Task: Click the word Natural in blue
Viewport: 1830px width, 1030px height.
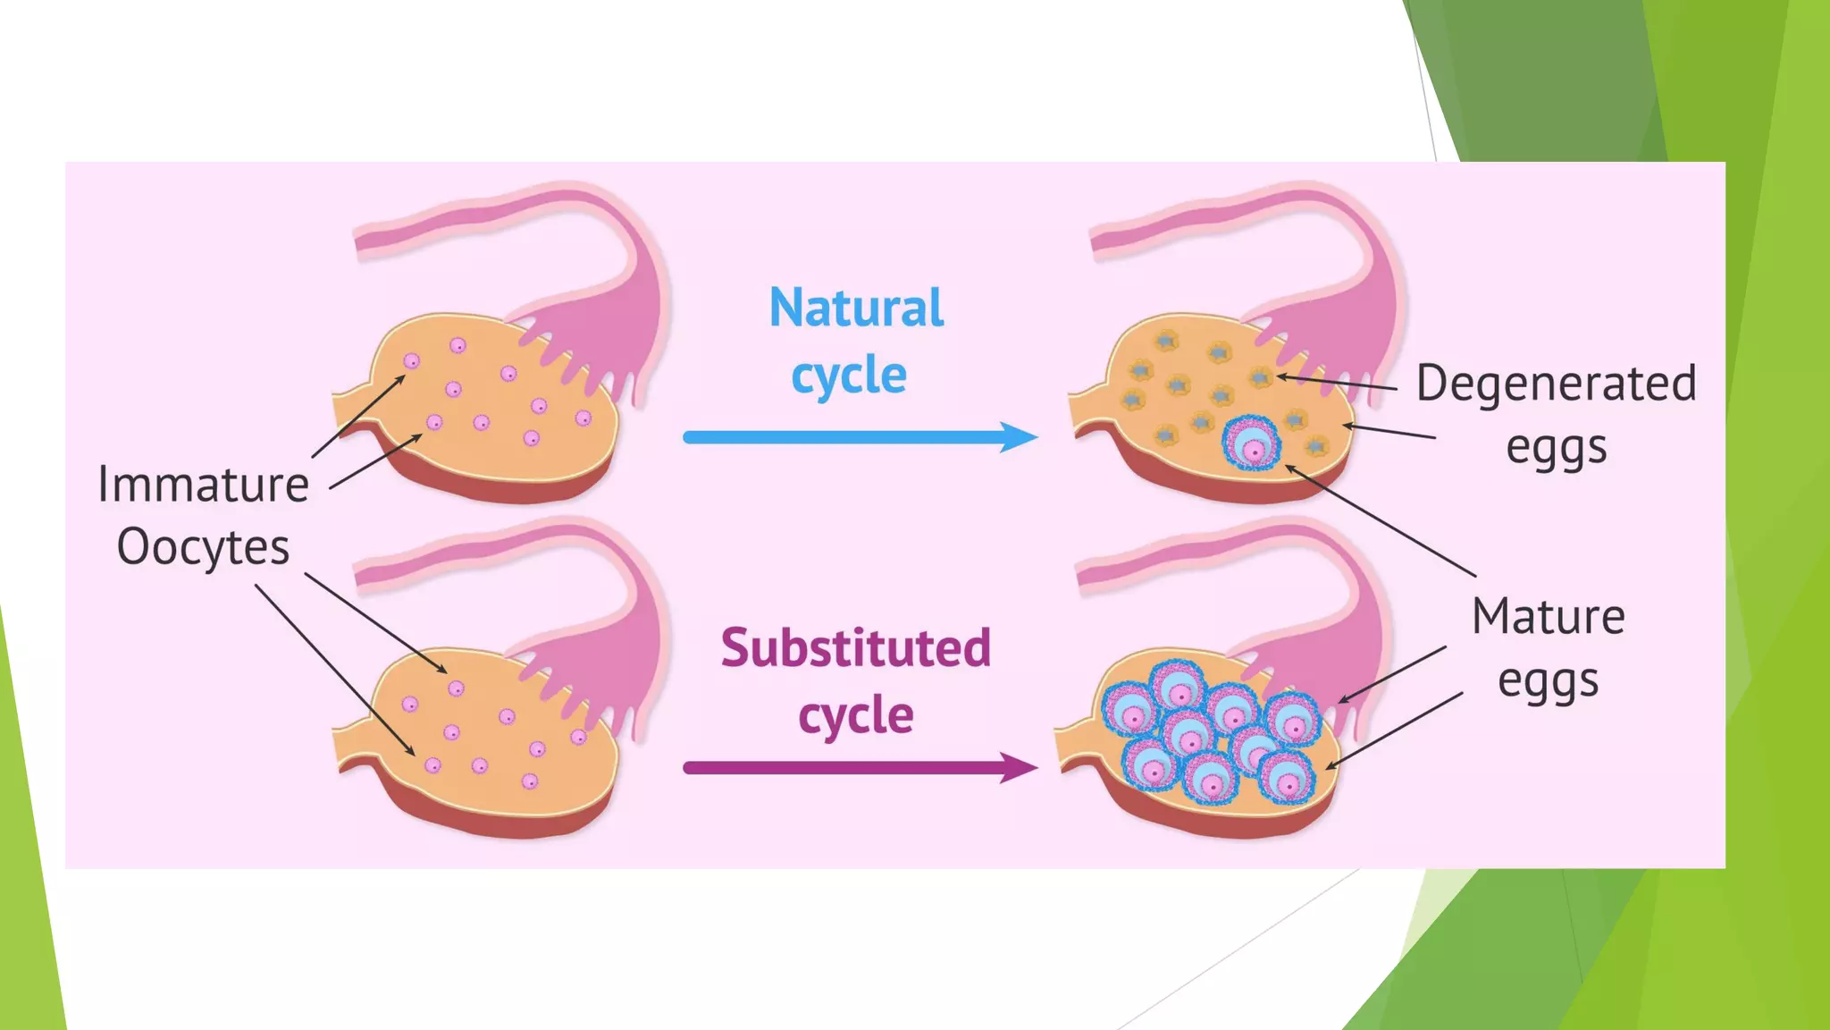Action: tap(856, 308)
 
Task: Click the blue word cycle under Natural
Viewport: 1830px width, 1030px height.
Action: tap(849, 376)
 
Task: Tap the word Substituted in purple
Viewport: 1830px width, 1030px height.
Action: tap(856, 648)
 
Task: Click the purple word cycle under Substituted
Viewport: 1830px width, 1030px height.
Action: tap(856, 716)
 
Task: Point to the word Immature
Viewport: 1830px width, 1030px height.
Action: tap(204, 485)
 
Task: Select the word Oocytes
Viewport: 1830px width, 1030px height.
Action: tap(204, 547)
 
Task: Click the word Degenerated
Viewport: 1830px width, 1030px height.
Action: tap(1556, 384)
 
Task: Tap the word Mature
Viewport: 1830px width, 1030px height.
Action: tap(1548, 617)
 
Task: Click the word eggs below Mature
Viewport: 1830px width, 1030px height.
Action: tap(1548, 682)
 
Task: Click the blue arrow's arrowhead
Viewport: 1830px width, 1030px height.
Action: tap(1019, 437)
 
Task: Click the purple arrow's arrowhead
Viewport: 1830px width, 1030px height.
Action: tap(1019, 767)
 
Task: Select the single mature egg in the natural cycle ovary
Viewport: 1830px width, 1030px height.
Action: tap(1252, 443)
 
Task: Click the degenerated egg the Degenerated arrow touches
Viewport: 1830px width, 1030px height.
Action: tap(1261, 378)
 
